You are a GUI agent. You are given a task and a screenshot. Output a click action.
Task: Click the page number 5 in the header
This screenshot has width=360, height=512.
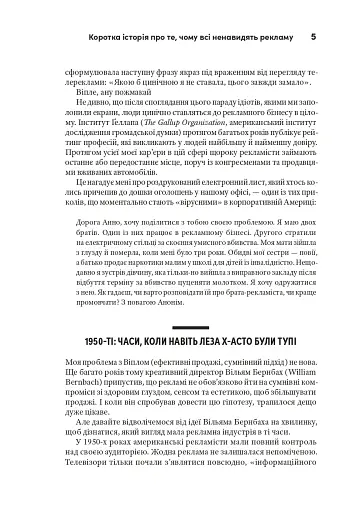(x=313, y=38)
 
